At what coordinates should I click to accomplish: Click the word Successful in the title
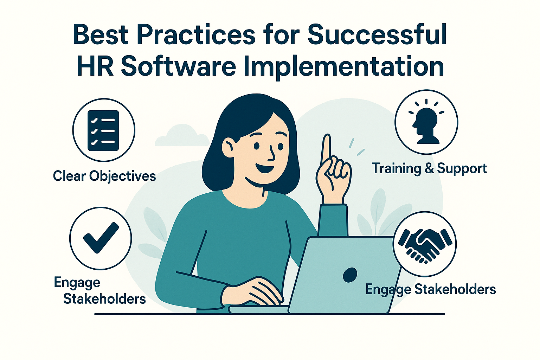click(377, 34)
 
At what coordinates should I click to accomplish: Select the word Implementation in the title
click(344, 67)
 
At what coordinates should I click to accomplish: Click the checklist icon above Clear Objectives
click(103, 130)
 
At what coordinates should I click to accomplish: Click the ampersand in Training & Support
click(429, 168)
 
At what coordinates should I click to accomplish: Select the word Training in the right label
click(396, 168)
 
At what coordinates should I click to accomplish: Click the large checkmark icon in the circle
click(101, 238)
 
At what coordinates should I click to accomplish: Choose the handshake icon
click(425, 245)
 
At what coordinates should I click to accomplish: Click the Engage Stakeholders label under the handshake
click(431, 289)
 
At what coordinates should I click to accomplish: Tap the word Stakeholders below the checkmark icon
click(104, 299)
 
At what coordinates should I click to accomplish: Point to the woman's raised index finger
click(326, 148)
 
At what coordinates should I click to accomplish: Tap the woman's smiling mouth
click(265, 167)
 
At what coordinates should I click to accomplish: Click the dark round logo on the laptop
click(350, 275)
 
